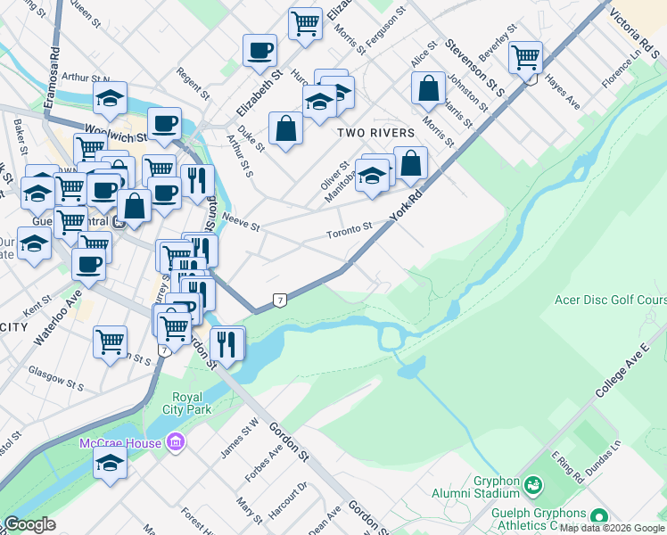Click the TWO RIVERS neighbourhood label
tap(375, 133)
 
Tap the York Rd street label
tap(405, 206)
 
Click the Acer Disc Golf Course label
tap(609, 300)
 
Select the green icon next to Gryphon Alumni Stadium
tap(533, 485)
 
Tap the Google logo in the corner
tap(29, 524)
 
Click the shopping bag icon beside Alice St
tap(429, 88)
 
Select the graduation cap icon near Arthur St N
tap(110, 98)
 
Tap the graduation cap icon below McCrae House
tap(110, 463)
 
